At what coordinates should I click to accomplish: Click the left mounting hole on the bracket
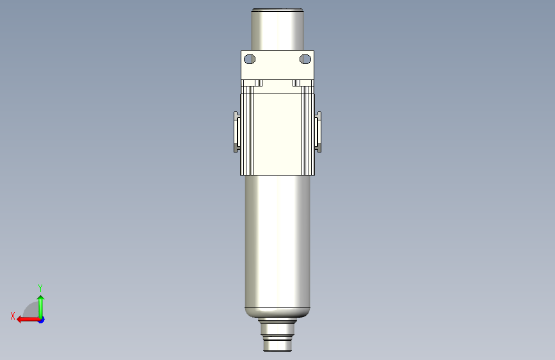coord(250,60)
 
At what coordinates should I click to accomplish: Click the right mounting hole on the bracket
coord(305,60)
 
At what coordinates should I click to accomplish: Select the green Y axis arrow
coord(40,304)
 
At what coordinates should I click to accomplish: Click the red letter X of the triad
coord(12,315)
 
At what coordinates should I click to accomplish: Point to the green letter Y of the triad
coord(40,288)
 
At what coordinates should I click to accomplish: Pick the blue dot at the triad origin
coord(41,319)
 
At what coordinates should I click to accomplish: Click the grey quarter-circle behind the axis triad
coord(30,311)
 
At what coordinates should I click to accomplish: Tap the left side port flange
coord(236,132)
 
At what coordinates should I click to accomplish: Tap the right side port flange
coord(319,132)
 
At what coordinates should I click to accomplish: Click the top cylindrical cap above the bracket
coord(277,31)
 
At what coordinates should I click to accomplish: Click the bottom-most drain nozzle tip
coord(278,347)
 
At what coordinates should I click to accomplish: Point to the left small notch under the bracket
coord(259,83)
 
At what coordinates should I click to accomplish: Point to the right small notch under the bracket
coord(296,83)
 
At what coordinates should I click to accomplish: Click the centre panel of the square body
coord(277,133)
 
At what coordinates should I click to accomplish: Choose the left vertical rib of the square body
coord(246,133)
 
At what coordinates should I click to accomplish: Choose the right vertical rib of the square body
coord(308,133)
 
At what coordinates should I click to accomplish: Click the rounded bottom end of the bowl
coord(278,314)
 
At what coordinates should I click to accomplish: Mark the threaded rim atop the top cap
coord(277,10)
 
